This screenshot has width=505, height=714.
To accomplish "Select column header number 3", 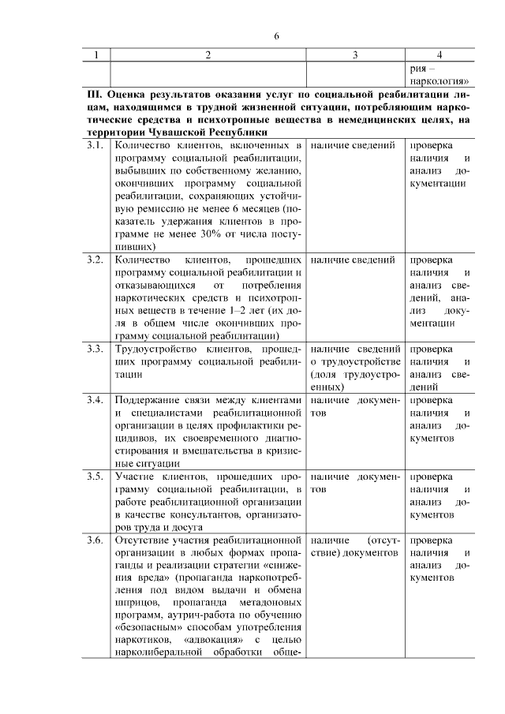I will [x=355, y=54].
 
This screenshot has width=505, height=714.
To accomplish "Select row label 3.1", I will [x=95, y=146].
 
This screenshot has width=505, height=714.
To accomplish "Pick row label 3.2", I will [x=95, y=260].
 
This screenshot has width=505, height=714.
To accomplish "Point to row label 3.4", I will [x=95, y=399].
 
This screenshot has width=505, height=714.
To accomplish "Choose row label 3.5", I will [x=95, y=477].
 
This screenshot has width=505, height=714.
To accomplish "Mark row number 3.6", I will [x=95, y=540].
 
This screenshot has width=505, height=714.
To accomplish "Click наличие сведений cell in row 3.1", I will [x=353, y=146].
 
